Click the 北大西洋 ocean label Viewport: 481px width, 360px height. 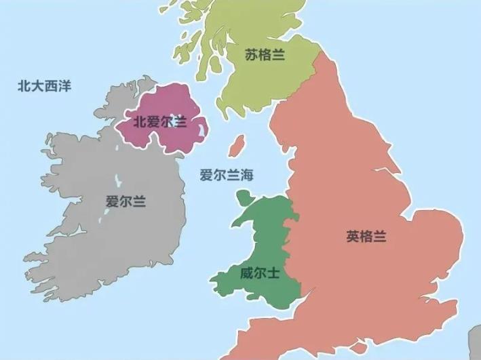point(45,86)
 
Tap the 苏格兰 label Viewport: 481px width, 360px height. point(265,55)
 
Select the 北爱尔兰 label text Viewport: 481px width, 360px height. point(159,122)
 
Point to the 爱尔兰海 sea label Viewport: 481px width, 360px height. point(226,175)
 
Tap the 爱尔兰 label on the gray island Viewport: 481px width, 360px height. point(126,201)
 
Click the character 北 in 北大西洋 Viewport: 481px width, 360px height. point(24,86)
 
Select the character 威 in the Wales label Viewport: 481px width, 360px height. point(246,274)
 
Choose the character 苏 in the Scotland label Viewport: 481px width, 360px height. point(252,55)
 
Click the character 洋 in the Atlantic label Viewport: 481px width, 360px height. point(65,86)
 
